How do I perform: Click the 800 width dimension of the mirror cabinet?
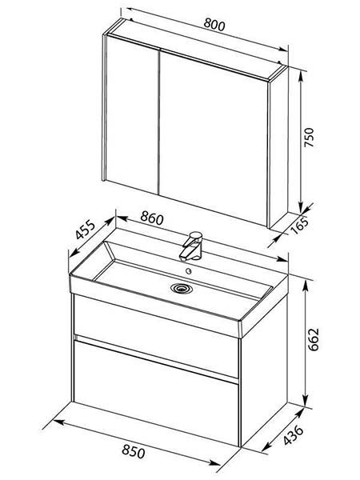pyautogui.click(x=214, y=25)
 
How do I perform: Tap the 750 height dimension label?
pyautogui.click(x=309, y=137)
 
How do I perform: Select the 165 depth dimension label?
pyautogui.click(x=300, y=226)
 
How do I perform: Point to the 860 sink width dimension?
pyautogui.click(x=152, y=218)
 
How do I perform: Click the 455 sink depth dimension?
pyautogui.click(x=86, y=230)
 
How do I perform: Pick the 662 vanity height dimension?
pyautogui.click(x=314, y=339)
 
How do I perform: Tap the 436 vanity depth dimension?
pyautogui.click(x=293, y=434)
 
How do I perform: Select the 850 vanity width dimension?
pyautogui.click(x=133, y=451)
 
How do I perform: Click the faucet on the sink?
pyautogui.click(x=191, y=246)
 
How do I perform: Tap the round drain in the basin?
pyautogui.click(x=182, y=288)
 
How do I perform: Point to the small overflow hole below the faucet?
pyautogui.click(x=189, y=271)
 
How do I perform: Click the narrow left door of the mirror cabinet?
pyautogui.click(x=132, y=114)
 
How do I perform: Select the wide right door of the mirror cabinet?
pyautogui.click(x=214, y=137)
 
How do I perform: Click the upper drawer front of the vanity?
pyautogui.click(x=156, y=335)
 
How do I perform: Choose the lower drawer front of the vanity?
pyautogui.click(x=156, y=393)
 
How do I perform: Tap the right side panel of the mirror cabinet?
pyautogui.click(x=278, y=147)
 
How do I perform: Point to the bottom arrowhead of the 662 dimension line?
pyautogui.click(x=306, y=401)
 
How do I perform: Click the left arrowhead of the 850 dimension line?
pyautogui.click(x=58, y=422)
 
